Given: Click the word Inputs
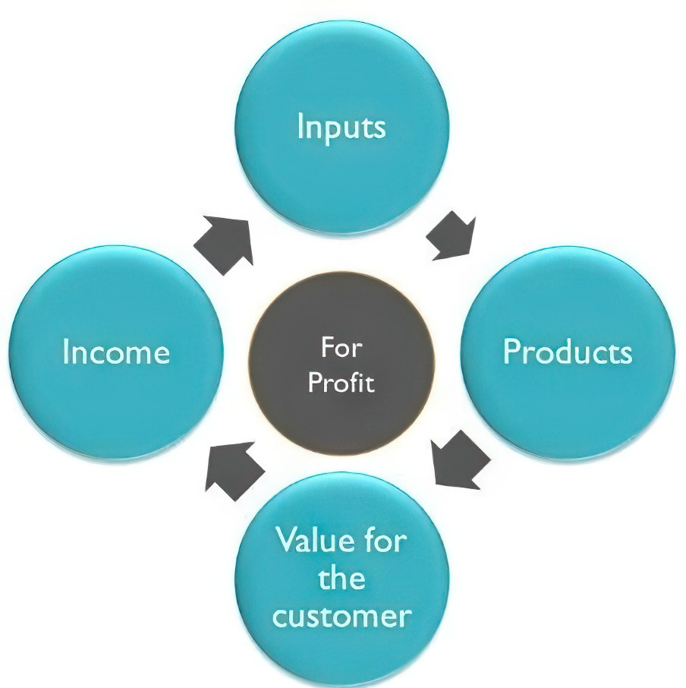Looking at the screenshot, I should (341, 127).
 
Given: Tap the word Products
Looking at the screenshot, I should (567, 352).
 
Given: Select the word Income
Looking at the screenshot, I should (116, 353).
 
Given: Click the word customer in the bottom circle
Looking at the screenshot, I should (341, 616).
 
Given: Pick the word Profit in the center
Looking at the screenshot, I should (341, 382).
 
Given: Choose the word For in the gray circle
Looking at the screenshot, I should (341, 349).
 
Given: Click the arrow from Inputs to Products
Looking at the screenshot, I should (452, 235).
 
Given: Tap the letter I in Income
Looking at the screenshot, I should (66, 353).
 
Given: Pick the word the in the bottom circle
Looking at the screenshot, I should (341, 579).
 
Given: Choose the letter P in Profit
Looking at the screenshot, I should (313, 382).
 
